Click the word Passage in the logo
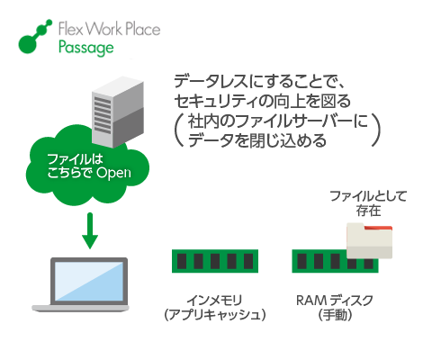click(x=86, y=48)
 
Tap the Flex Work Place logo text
click(x=109, y=29)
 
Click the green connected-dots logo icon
click(x=35, y=37)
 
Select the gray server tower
click(x=118, y=112)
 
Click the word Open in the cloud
click(x=113, y=173)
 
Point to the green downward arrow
click(x=90, y=230)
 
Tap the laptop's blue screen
click(x=89, y=281)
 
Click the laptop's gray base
click(x=80, y=308)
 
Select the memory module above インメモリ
click(x=215, y=261)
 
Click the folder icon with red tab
click(x=369, y=241)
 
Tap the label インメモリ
click(x=214, y=300)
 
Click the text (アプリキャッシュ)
click(x=215, y=315)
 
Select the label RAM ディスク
click(x=335, y=300)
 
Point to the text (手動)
click(x=335, y=315)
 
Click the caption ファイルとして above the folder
click(x=368, y=196)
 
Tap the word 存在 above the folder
click(x=368, y=211)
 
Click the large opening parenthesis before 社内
click(x=179, y=130)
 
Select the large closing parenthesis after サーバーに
click(x=376, y=130)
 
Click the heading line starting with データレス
click(x=260, y=81)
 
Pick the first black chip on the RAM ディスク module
click(x=302, y=261)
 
